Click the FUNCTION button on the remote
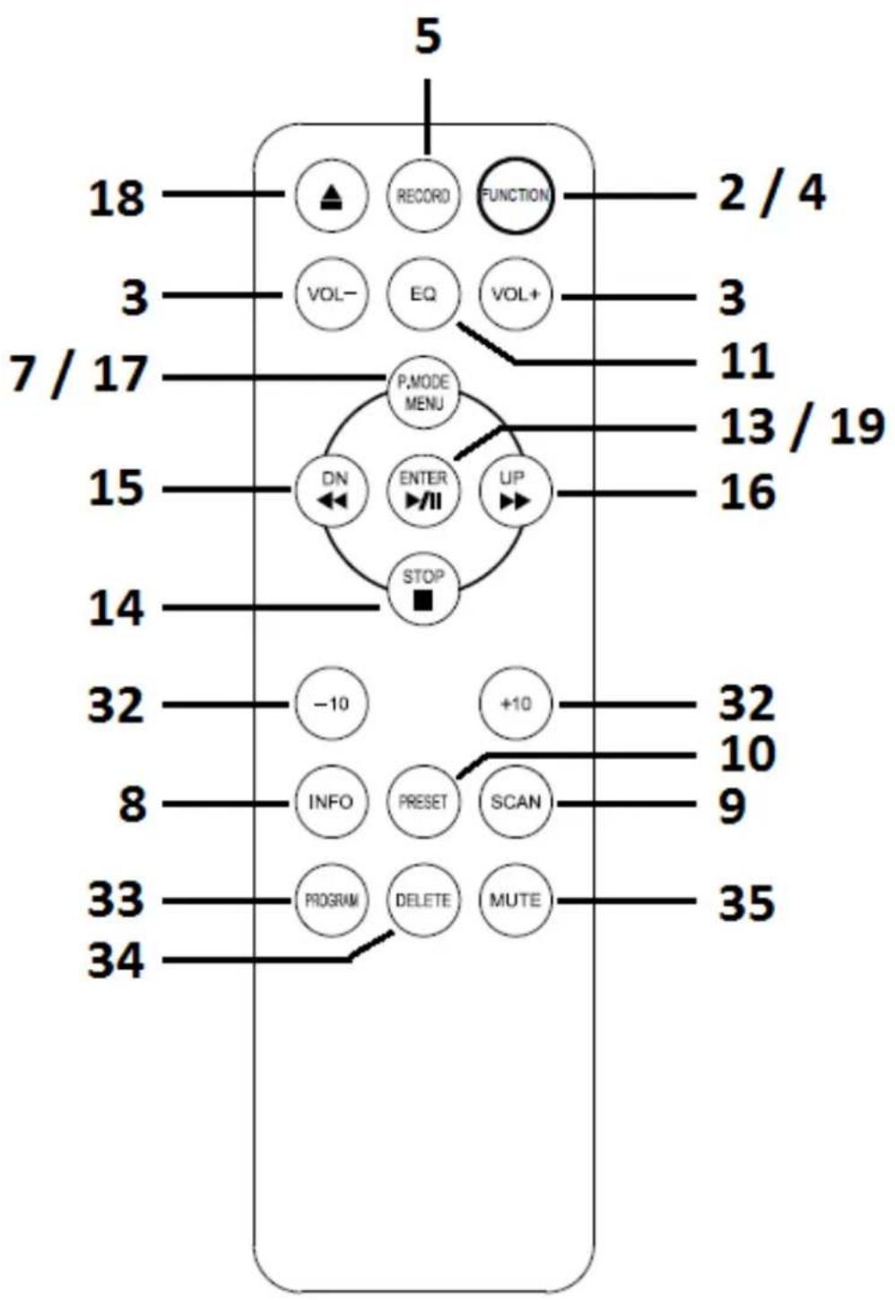point(515,196)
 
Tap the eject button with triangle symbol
point(331,196)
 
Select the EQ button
point(423,294)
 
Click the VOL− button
point(331,294)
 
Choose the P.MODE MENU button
point(423,392)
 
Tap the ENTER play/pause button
point(423,491)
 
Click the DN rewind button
point(331,491)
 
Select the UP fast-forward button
point(515,491)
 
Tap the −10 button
point(331,703)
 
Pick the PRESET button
point(423,801)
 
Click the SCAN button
point(515,801)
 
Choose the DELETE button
point(423,900)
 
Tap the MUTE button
point(515,900)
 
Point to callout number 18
point(116,198)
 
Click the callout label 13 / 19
point(803,428)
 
